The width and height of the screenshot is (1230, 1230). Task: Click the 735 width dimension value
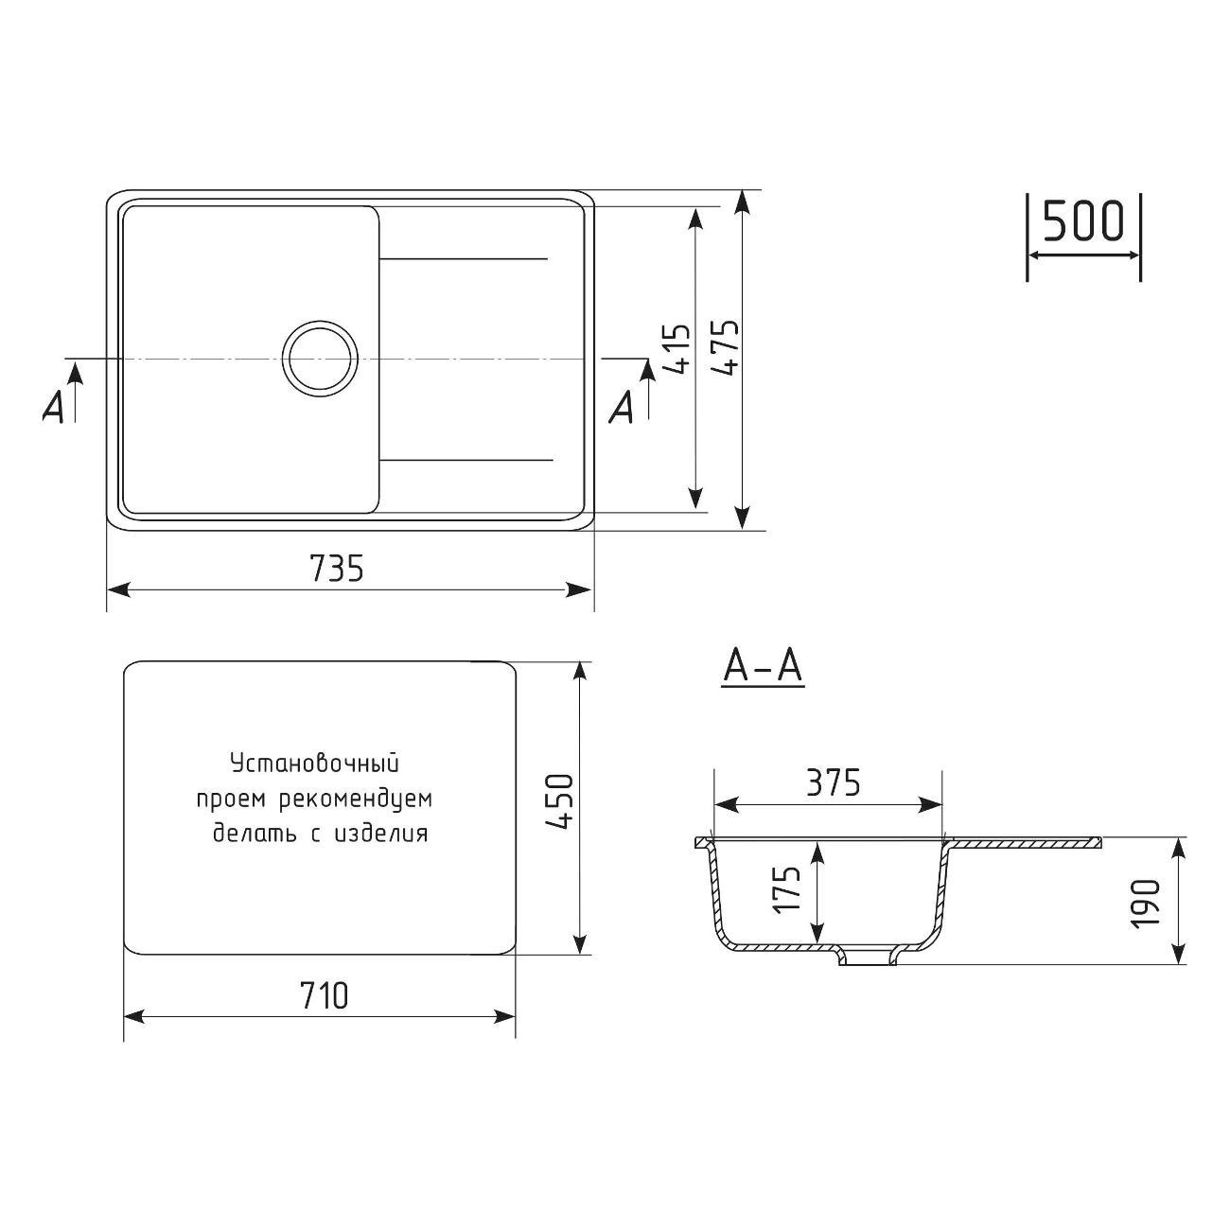337,567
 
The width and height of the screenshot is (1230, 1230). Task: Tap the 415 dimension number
676,348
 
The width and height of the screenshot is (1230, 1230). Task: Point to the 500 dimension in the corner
1083,220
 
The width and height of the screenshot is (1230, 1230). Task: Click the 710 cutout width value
324,995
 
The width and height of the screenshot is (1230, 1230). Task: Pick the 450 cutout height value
560,801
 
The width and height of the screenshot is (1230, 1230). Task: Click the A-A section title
763,668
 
